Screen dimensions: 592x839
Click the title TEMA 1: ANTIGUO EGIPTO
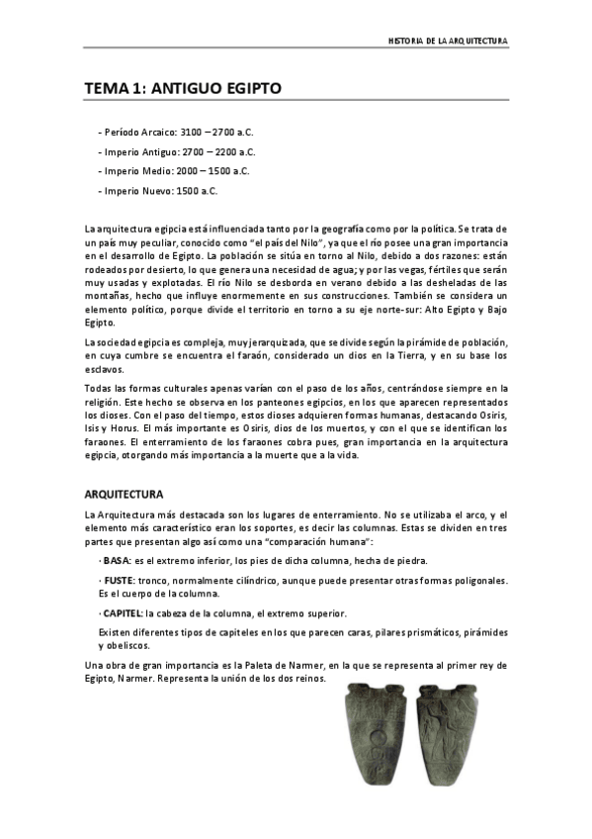(x=183, y=89)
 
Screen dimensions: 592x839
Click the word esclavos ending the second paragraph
(x=103, y=367)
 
